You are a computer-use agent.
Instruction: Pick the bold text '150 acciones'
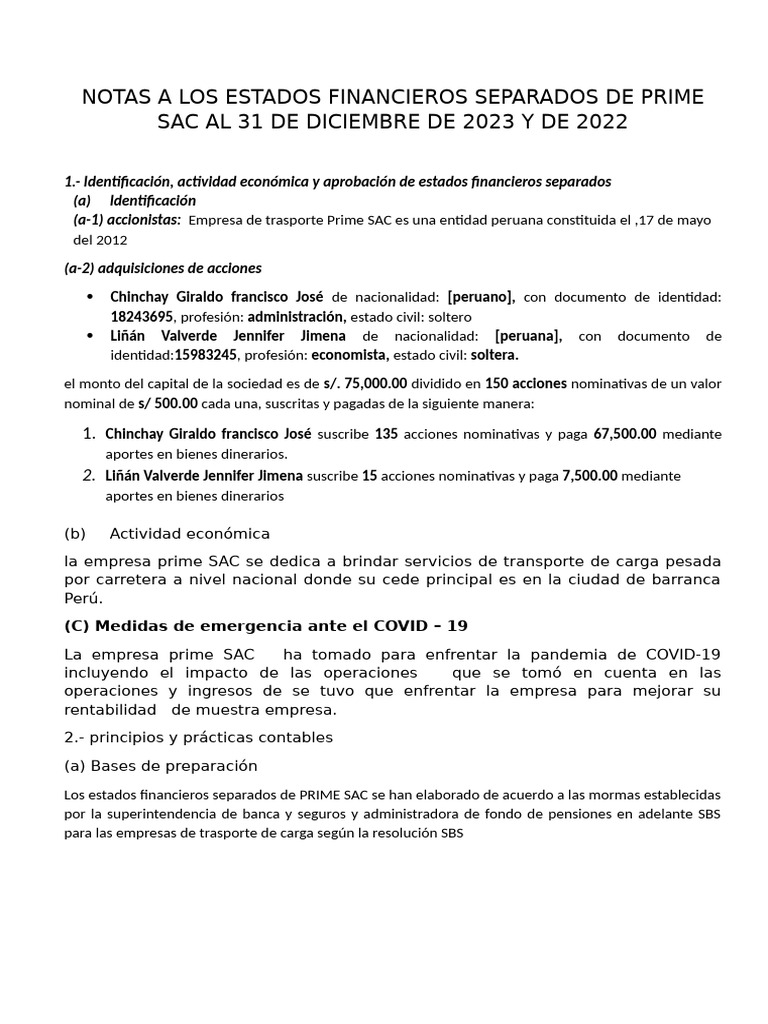[x=526, y=382]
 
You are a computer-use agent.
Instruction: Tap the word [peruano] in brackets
[x=481, y=296]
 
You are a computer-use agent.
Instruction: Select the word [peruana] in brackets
[x=528, y=336]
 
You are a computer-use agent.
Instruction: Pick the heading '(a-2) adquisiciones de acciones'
[x=162, y=268]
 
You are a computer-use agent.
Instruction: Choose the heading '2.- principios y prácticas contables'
[x=197, y=737]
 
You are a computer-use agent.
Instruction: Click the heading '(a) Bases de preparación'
[x=160, y=766]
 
